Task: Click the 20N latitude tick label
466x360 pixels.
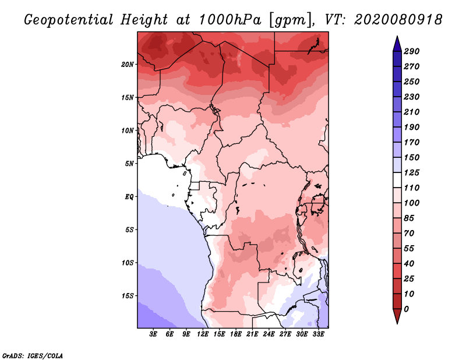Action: click(127, 64)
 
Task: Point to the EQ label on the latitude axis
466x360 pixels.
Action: click(129, 196)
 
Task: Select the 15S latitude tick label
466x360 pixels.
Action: click(127, 296)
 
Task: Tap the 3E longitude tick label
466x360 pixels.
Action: click(153, 334)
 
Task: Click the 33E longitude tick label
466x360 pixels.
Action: click(318, 334)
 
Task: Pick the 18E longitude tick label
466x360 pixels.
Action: click(236, 334)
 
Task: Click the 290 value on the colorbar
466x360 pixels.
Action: click(412, 51)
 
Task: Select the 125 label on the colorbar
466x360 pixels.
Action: click(412, 172)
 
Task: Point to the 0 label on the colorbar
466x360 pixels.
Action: click(406, 309)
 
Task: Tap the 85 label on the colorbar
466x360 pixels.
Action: click(409, 218)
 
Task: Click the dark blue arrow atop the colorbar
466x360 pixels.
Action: click(397, 44)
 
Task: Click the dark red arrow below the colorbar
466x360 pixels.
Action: click(397, 316)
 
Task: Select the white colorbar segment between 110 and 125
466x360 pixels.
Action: click(397, 180)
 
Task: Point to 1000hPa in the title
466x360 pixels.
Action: click(230, 20)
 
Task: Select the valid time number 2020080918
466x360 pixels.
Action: click(398, 20)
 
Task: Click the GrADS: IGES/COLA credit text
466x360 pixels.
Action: click(33, 356)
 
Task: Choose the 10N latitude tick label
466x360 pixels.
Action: click(127, 130)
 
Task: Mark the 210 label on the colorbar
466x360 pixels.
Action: click(412, 112)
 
